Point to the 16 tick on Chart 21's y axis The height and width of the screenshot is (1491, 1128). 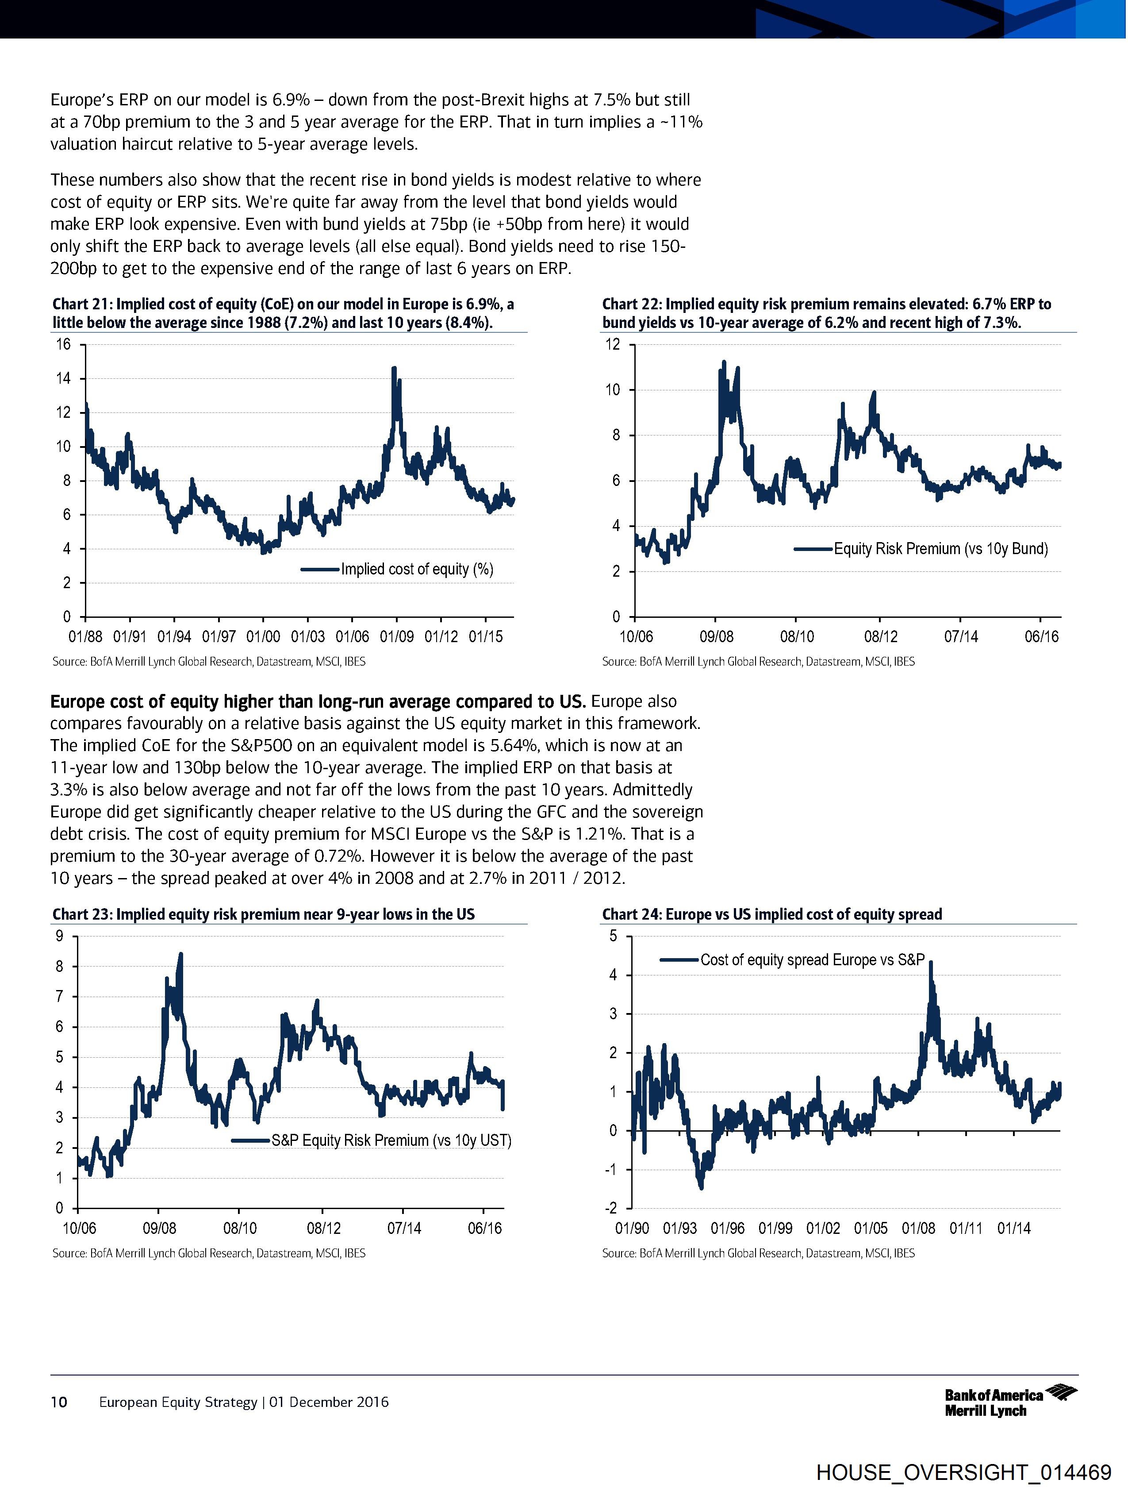[x=63, y=344]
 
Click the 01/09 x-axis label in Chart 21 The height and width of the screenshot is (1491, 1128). [x=396, y=637]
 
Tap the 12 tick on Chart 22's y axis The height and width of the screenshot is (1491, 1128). [x=613, y=344]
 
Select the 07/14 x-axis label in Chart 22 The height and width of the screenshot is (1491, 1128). [x=960, y=637]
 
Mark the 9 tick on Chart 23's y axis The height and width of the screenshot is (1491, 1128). [x=59, y=936]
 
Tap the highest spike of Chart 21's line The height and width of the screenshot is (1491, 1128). [x=394, y=368]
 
